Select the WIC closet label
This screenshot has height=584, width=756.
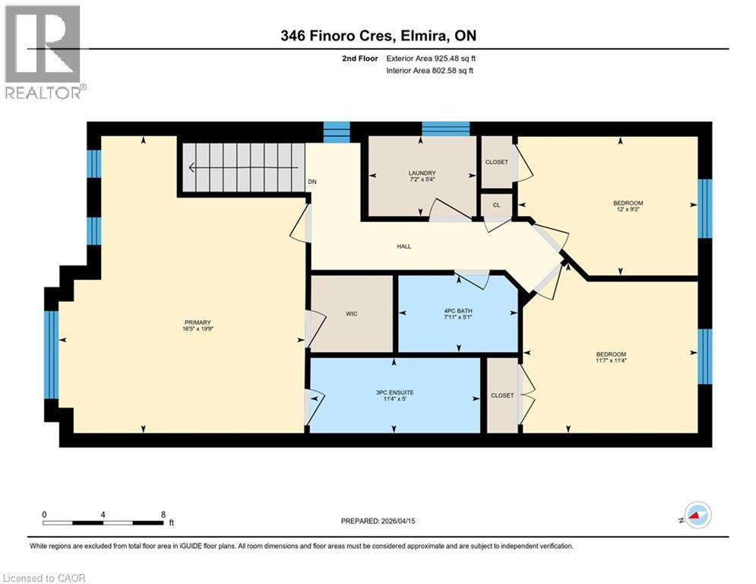point(351,313)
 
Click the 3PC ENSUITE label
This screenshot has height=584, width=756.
point(394,392)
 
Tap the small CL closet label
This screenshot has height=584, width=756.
point(495,205)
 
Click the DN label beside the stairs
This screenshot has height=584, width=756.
point(312,182)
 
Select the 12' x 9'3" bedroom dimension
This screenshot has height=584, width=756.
point(628,209)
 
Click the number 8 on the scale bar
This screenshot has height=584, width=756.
point(163,514)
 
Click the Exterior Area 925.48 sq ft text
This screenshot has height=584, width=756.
point(431,59)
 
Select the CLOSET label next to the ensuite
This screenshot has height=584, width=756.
point(501,395)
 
